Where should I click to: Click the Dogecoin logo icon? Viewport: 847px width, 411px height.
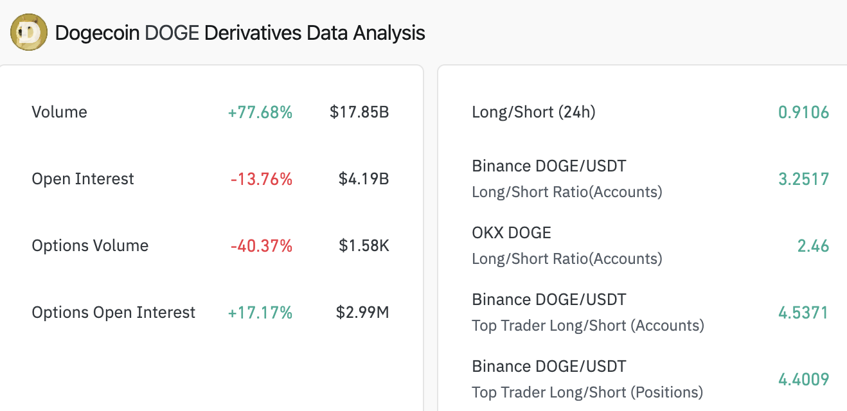29,33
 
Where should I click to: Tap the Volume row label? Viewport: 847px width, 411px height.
59,112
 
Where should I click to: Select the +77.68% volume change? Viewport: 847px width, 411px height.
260,112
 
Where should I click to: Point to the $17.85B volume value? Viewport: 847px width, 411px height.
359,112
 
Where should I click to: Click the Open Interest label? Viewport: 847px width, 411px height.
83,179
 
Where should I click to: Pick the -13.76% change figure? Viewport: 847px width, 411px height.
261,179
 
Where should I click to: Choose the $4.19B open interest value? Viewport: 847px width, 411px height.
364,179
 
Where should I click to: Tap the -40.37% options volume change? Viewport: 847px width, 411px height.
261,246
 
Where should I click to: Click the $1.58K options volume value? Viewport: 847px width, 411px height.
364,246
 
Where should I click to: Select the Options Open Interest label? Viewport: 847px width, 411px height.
113,313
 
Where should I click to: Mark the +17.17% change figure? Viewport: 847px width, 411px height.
260,313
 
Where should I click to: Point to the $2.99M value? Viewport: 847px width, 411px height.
362,313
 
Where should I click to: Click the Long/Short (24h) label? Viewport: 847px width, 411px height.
533,112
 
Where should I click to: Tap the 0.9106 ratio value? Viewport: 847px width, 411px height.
803,112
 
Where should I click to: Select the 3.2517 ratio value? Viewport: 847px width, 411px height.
803,179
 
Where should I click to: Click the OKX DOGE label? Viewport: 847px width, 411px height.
512,232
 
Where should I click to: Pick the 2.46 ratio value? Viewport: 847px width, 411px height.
813,246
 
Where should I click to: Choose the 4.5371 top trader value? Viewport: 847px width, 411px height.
803,313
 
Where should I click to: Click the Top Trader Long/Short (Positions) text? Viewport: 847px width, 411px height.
587,392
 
